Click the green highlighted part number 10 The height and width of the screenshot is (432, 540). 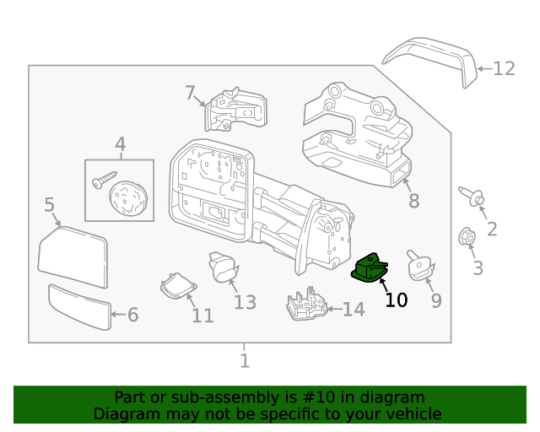coord(370,269)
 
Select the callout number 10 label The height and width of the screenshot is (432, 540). coord(396,300)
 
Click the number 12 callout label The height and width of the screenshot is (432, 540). coord(504,68)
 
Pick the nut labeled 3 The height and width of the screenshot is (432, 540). coord(465,238)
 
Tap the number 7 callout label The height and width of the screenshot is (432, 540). coord(190,93)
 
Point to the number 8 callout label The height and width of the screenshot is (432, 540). coord(413,201)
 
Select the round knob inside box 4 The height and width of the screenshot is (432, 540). coord(129,199)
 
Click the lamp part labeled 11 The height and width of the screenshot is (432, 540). coord(176,284)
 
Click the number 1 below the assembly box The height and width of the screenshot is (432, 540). coord(245,361)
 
